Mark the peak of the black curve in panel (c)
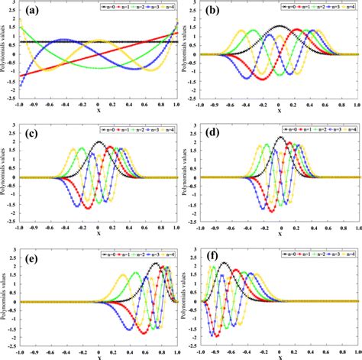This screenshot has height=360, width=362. click(x=99, y=142)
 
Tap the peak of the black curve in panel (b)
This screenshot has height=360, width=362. click(x=280, y=27)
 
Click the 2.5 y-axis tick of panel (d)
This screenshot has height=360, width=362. click(x=195, y=125)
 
